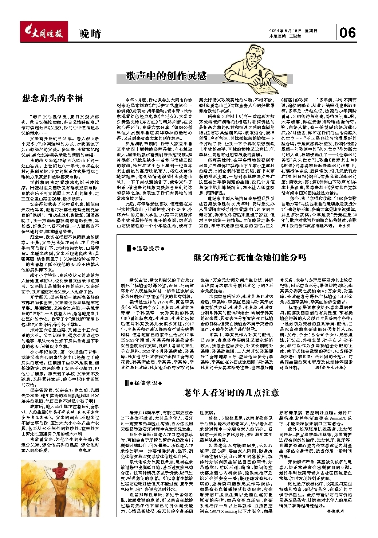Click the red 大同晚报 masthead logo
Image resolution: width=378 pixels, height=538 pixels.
(43, 33)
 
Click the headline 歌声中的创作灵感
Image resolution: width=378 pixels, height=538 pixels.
(166, 76)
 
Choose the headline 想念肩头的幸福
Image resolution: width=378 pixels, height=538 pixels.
(52, 98)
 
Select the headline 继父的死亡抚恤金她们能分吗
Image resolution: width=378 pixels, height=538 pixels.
(249, 258)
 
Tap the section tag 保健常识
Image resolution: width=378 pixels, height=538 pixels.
(148, 383)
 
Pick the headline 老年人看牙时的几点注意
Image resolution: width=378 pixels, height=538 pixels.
(231, 393)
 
